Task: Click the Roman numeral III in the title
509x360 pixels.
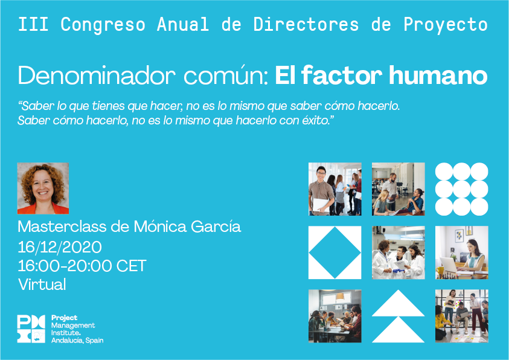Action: pyautogui.click(x=33, y=24)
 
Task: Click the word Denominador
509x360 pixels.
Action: pyautogui.click(x=97, y=76)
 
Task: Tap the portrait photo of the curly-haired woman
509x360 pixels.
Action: pyautogui.click(x=43, y=188)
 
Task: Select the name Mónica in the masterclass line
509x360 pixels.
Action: pyautogui.click(x=160, y=227)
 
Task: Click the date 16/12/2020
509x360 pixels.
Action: pyautogui.click(x=60, y=247)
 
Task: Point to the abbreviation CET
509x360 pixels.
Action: pyautogui.click(x=131, y=266)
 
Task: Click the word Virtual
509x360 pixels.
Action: pyautogui.click(x=42, y=284)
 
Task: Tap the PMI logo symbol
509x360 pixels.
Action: pyautogui.click(x=31, y=329)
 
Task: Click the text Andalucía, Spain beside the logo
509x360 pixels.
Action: pyautogui.click(x=77, y=341)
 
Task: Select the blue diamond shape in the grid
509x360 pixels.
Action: pyautogui.click(x=335, y=252)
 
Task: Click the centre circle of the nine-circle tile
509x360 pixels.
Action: pyautogui.click(x=462, y=189)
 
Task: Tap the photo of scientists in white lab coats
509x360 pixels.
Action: pyautogui.click(x=399, y=252)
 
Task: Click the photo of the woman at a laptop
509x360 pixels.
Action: pyautogui.click(x=462, y=252)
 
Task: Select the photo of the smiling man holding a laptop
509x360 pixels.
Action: pyautogui.click(x=335, y=189)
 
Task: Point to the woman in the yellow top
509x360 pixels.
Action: pyautogui.click(x=443, y=323)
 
